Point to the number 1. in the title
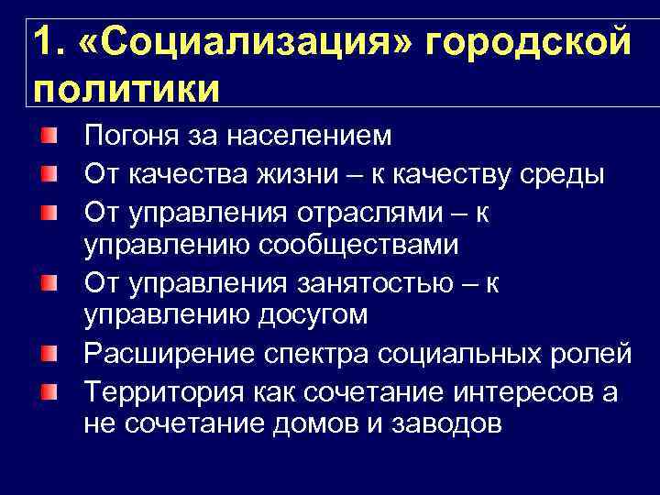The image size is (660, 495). tap(50, 44)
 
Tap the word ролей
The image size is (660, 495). tap(592, 353)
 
